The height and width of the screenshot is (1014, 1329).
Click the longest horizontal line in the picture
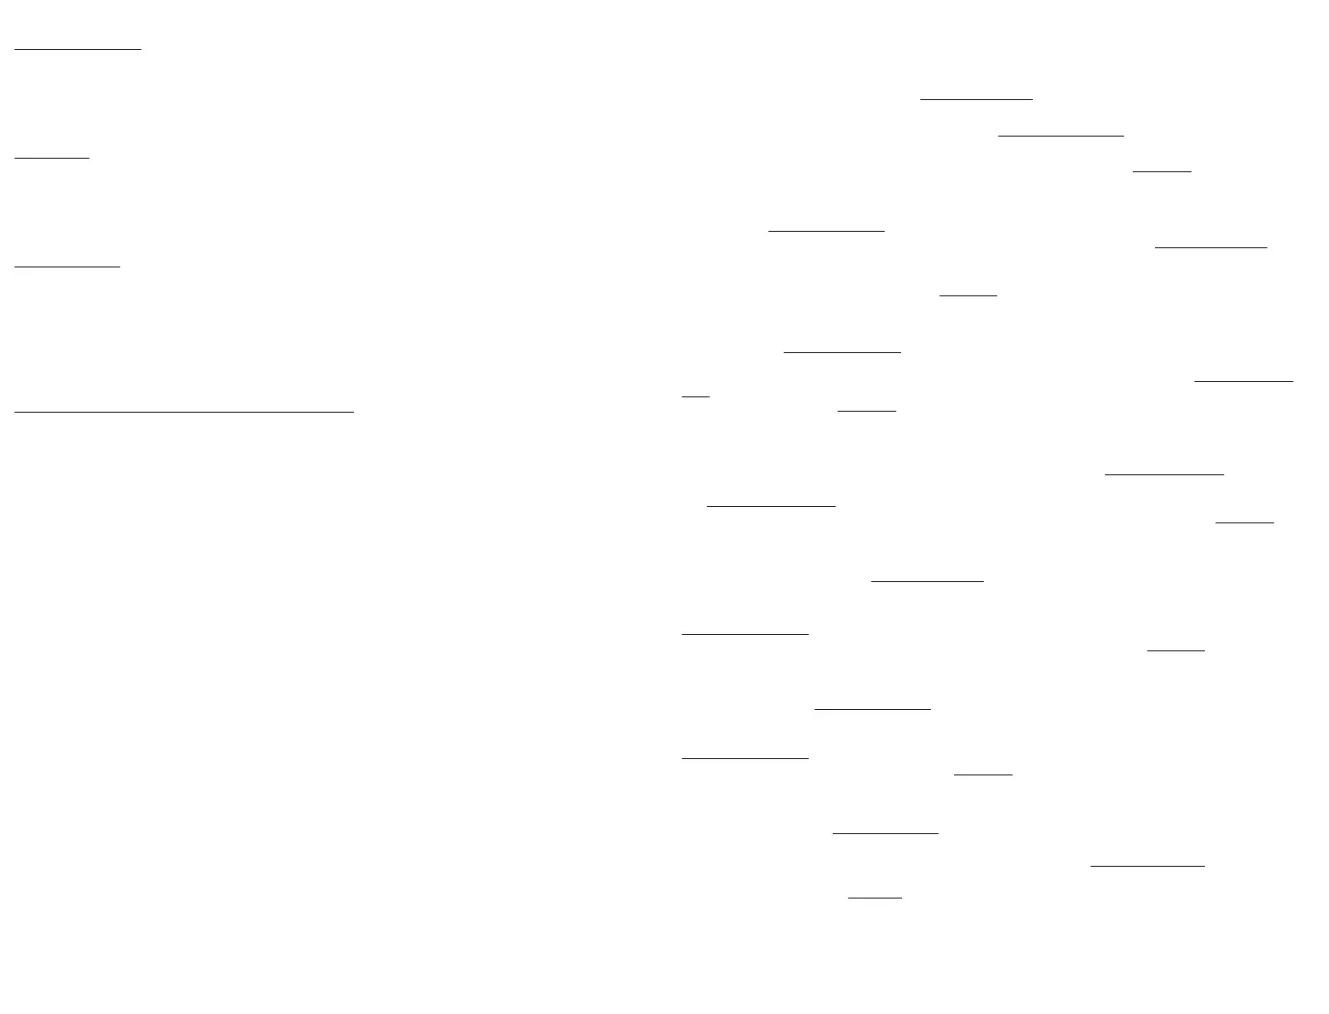point(184,412)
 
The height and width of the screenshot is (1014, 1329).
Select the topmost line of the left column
point(78,47)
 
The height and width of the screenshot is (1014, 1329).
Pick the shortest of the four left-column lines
point(52,157)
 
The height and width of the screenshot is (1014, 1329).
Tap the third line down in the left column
point(67,266)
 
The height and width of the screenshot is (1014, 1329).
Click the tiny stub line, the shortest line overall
point(695,394)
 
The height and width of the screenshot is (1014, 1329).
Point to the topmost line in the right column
point(976,98)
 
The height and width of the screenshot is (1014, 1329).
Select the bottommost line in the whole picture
point(875,898)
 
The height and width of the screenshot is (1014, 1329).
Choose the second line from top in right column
point(1061,136)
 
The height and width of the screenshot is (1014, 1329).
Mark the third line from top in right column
point(1162,171)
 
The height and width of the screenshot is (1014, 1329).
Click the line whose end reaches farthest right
point(1243,381)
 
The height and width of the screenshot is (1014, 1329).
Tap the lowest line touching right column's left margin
point(745,758)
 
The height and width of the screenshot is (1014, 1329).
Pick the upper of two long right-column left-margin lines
point(745,634)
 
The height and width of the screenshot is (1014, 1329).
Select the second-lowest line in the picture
point(1147,866)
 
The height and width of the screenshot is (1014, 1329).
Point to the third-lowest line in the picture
point(885,833)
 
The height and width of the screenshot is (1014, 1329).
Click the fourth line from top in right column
point(826,231)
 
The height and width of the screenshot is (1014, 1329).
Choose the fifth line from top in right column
point(1211,247)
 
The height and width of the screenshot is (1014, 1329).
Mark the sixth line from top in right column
point(968,294)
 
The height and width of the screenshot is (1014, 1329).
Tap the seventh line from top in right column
point(842,352)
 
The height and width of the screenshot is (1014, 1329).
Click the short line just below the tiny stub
point(866,411)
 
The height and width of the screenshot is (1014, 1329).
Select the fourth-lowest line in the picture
point(983,773)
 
